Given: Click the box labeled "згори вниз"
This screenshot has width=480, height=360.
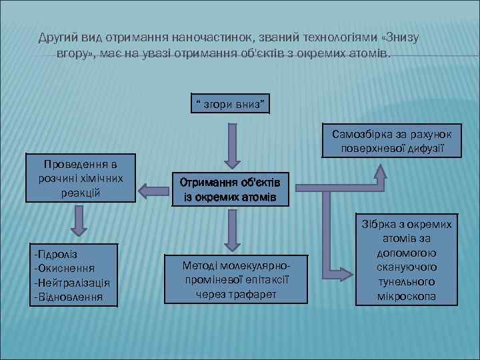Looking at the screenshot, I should click(230, 103).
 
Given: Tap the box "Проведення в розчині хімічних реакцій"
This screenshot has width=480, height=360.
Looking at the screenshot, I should click(80, 178).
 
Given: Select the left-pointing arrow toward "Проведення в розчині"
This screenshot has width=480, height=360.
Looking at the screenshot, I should click(153, 192).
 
